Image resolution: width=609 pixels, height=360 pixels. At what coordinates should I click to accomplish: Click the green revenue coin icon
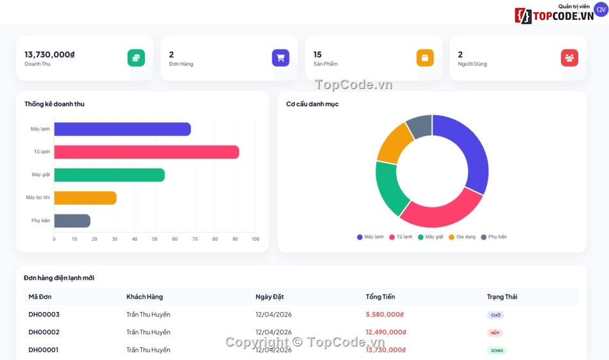click(x=136, y=58)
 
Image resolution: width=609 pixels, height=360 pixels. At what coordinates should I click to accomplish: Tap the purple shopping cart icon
click(x=280, y=58)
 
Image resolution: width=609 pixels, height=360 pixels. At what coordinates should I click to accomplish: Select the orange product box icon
click(x=425, y=58)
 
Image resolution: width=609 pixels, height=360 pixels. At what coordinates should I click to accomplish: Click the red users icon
click(x=569, y=58)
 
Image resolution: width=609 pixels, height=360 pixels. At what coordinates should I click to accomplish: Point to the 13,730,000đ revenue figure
click(x=50, y=54)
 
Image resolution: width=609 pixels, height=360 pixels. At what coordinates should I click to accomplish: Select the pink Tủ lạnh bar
click(x=146, y=152)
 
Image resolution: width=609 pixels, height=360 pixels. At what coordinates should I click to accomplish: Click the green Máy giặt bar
click(x=109, y=175)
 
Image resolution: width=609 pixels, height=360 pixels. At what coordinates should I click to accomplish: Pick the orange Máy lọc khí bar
click(x=85, y=198)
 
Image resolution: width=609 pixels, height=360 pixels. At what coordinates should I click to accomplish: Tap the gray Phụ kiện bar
click(x=72, y=221)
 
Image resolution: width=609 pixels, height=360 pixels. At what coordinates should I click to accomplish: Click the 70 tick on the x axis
click(x=195, y=239)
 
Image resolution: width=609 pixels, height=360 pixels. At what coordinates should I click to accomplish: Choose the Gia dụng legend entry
click(x=462, y=237)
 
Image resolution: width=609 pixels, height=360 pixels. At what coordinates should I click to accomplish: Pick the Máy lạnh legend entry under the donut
click(x=370, y=237)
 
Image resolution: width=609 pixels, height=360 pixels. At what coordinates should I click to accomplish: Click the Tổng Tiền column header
click(x=380, y=297)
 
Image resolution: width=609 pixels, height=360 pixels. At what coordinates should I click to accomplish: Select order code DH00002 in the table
click(x=44, y=332)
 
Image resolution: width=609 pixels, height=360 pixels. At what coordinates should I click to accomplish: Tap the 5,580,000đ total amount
click(x=385, y=315)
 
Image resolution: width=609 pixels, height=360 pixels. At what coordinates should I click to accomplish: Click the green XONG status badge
click(x=497, y=350)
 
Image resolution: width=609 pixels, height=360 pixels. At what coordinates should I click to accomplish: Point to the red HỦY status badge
click(x=495, y=333)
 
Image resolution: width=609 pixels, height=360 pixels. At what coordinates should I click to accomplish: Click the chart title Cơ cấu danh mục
click(x=312, y=104)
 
